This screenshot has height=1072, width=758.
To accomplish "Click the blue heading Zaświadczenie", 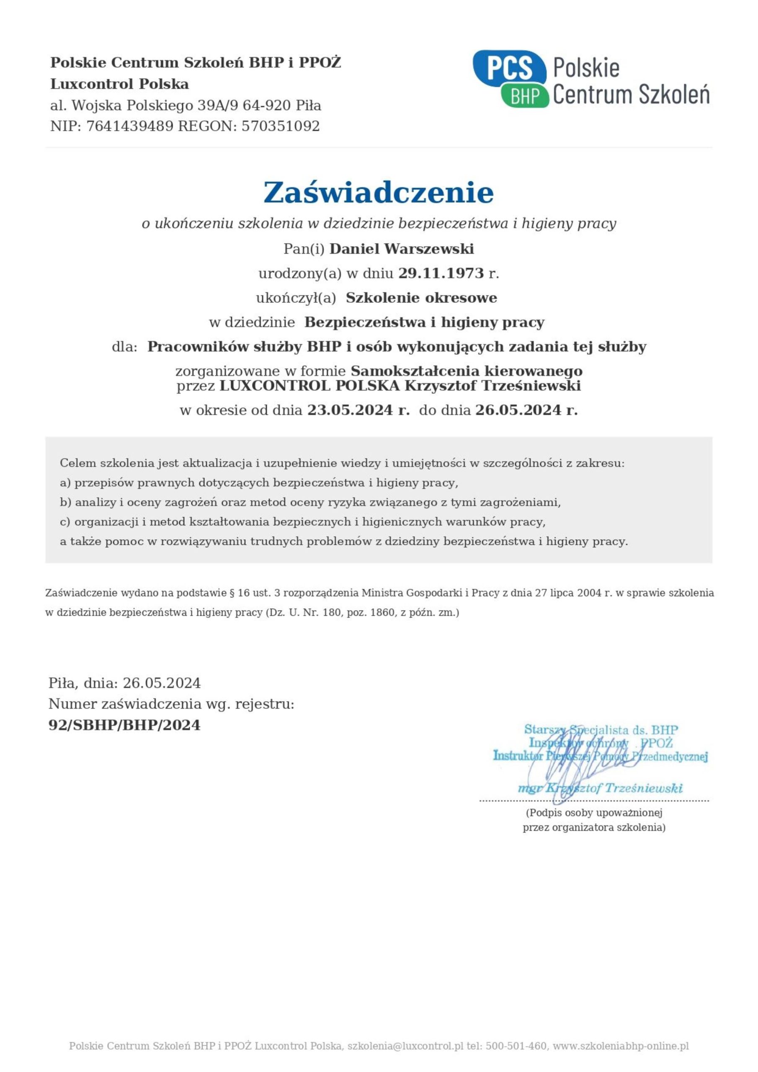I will pos(378,192).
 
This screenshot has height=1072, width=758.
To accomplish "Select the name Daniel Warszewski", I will pos(402,249).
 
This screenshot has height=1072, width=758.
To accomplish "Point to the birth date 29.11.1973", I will pos(441,273).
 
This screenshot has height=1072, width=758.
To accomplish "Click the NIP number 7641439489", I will pos(130,126).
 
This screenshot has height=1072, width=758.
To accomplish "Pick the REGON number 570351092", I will pos(280,126).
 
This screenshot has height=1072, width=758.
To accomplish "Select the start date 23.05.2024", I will pos(350,410).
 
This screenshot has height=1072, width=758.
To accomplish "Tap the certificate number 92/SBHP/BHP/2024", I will pos(125,725).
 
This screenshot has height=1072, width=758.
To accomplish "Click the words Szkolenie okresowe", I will pos(421,298).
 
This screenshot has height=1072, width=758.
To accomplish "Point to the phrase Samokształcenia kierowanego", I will pos(467,371).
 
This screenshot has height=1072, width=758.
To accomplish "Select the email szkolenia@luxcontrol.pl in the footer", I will pos(405,1046).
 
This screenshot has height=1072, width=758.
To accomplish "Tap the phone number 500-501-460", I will pos(516,1046).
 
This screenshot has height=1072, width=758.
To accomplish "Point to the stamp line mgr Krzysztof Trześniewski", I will pos(600,789).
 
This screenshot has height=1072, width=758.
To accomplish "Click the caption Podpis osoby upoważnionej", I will pos(594,813).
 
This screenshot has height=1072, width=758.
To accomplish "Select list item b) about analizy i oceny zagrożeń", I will pos(310,502).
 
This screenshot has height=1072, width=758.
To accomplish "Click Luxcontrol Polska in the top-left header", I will pos(119,84).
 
